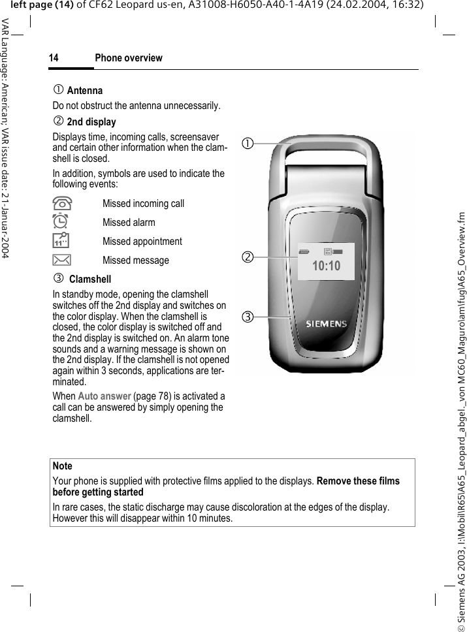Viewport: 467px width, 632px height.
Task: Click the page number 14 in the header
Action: coord(54,58)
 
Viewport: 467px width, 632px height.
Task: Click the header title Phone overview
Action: coord(129,58)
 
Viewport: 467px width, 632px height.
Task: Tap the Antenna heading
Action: coord(85,91)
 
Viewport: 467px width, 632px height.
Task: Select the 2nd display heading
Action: coord(91,122)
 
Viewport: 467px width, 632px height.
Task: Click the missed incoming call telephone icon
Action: coord(60,203)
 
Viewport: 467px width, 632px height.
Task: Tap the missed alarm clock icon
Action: coord(60,222)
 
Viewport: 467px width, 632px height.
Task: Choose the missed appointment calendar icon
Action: coord(60,241)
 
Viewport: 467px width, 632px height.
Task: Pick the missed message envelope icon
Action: coord(60,261)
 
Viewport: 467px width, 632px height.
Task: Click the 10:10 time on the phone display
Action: coord(326,266)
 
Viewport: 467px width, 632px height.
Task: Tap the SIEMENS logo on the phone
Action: coord(327,324)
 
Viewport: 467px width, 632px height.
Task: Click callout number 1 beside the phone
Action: coord(247,142)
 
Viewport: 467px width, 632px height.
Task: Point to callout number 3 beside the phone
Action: coord(247,318)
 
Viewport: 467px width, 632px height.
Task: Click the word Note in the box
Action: coord(62,466)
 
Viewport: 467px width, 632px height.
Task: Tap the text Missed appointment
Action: coord(142,242)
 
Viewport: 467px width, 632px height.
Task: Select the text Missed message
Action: coord(135,261)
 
